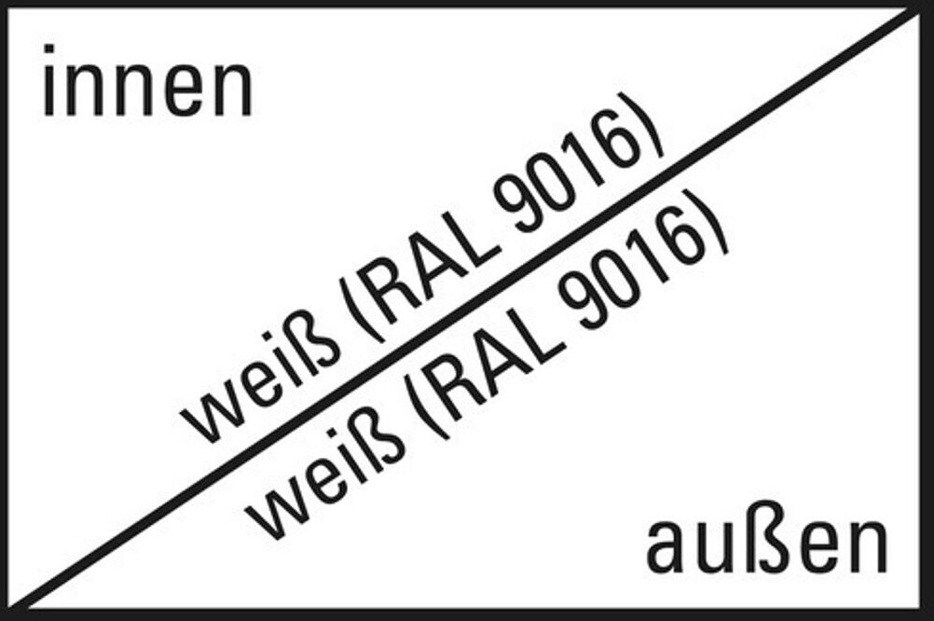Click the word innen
(x=147, y=85)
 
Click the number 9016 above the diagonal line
(x=569, y=187)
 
